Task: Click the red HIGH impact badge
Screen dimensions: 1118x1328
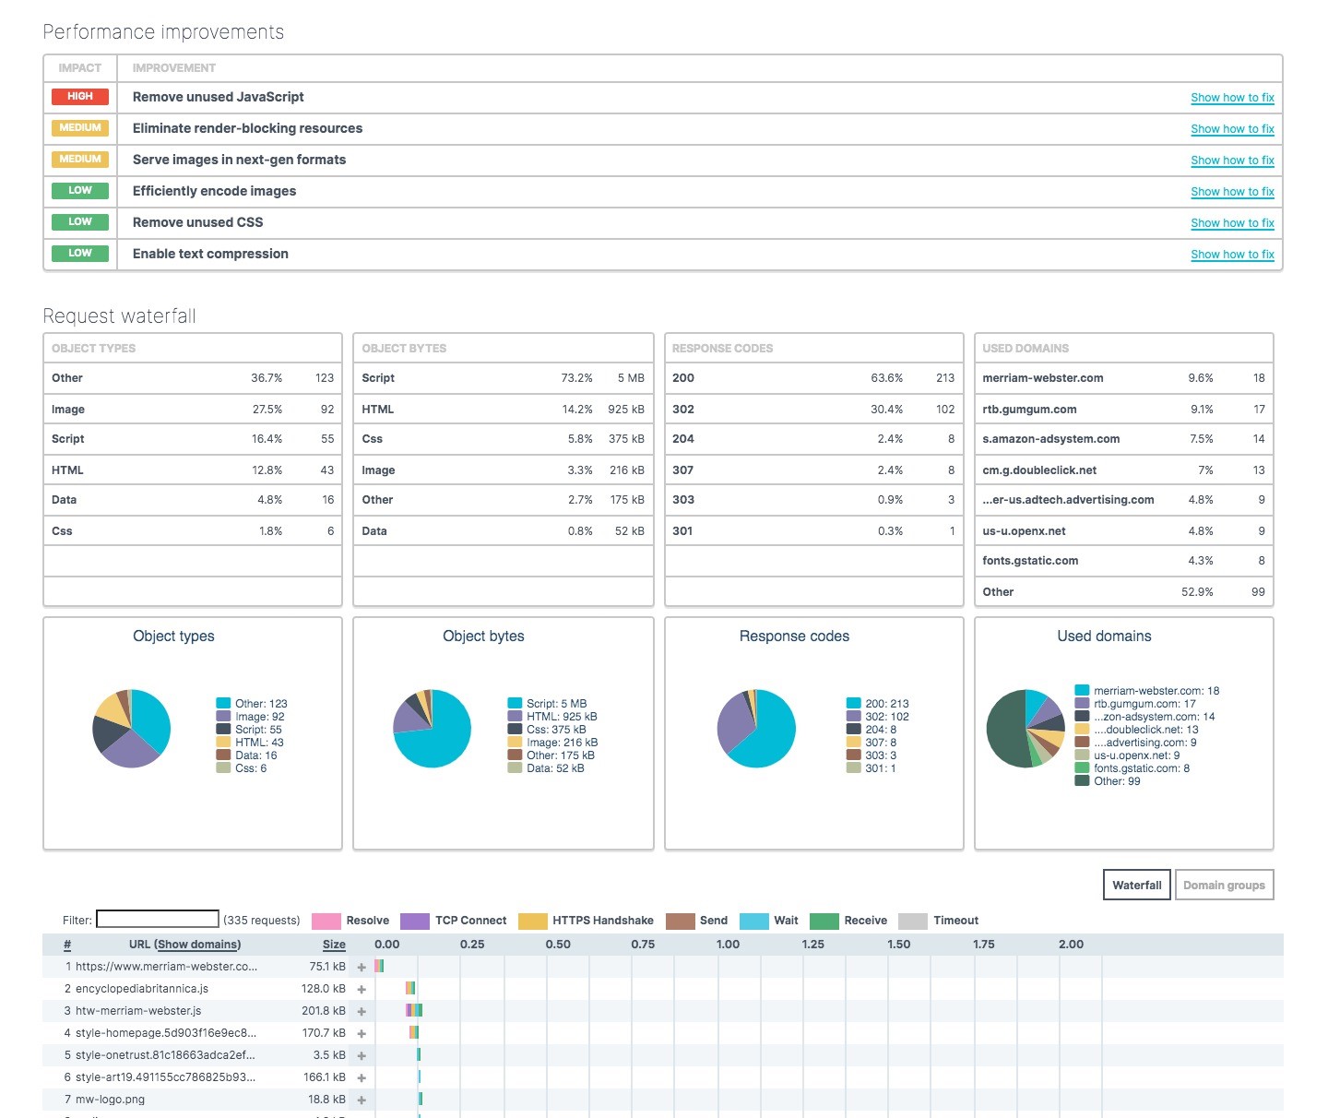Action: tap(80, 97)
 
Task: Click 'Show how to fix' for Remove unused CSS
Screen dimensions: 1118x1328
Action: tap(1232, 223)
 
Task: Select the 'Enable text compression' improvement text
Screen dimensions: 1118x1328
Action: tap(210, 254)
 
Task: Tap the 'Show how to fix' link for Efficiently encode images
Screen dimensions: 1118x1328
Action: tap(1232, 192)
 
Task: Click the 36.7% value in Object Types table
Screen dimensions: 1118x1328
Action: tap(267, 378)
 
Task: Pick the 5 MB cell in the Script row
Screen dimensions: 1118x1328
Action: tap(631, 378)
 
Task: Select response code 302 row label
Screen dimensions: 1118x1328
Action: tap(683, 410)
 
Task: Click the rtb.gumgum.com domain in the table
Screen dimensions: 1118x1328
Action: tap(1029, 410)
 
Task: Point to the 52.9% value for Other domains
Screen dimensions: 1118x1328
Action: tap(1197, 592)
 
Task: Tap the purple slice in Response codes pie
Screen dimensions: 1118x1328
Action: tap(734, 724)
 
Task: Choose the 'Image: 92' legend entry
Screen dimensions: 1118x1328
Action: tap(259, 717)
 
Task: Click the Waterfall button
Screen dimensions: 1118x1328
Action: tap(1136, 885)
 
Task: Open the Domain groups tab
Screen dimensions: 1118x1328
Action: tap(1224, 885)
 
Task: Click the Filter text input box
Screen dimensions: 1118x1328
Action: tap(158, 920)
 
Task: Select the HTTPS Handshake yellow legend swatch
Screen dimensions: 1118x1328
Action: tap(533, 921)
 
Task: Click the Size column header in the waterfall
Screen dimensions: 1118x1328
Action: tap(334, 945)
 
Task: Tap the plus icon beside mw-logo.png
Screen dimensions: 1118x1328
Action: tap(362, 1100)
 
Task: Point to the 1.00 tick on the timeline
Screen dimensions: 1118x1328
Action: tap(728, 945)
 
